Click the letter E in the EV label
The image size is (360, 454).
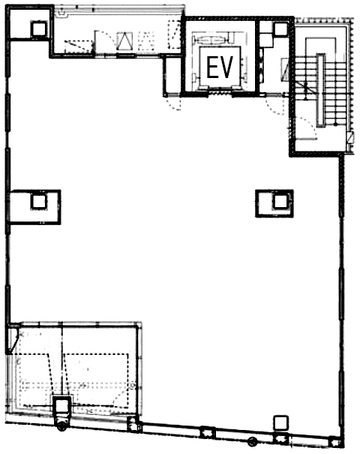pyautogui.click(x=211, y=68)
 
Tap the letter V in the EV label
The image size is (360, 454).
pyautogui.click(x=226, y=68)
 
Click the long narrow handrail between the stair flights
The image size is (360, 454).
pyautogui.click(x=321, y=90)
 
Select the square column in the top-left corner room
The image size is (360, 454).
pyautogui.click(x=39, y=29)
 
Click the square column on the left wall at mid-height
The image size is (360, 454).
pyautogui.click(x=39, y=202)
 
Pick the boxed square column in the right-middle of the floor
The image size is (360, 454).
pyautogui.click(x=280, y=202)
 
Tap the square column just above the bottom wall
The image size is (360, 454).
pyautogui.click(x=280, y=422)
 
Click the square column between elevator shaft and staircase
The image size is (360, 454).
pyautogui.click(x=280, y=29)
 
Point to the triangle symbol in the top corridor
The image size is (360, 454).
pyautogui.click(x=124, y=41)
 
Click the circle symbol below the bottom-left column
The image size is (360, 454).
pyautogui.click(x=61, y=425)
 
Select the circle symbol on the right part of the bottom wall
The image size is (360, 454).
pyautogui.click(x=252, y=441)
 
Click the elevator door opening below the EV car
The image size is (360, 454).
pyautogui.click(x=220, y=93)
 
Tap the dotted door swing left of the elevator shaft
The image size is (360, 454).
pyautogui.click(x=173, y=103)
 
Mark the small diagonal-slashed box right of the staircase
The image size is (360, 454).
pyautogui.click(x=350, y=137)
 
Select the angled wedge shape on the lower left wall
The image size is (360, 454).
pyautogui.click(x=13, y=339)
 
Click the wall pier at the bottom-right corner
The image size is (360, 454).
pyautogui.click(x=336, y=442)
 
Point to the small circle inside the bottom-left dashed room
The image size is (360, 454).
pyautogui.click(x=132, y=386)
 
